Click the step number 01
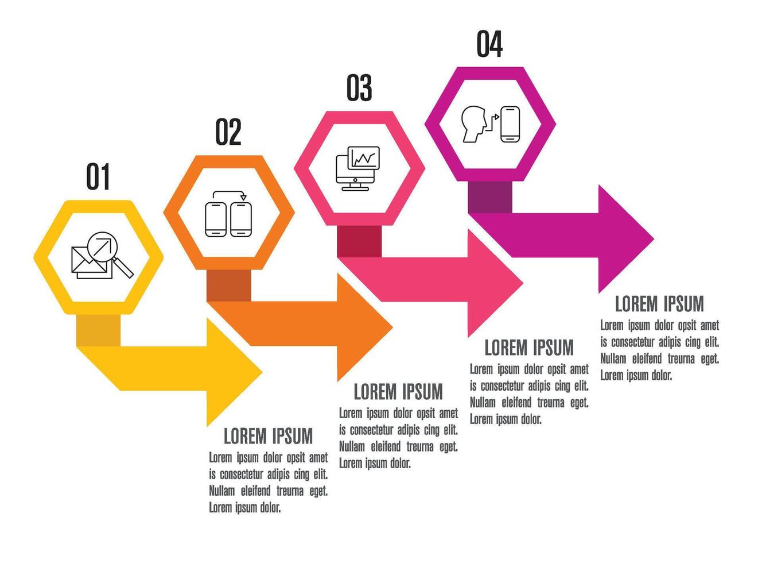98,176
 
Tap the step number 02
228,132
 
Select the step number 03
359,88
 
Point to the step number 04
490,44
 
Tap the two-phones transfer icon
229,214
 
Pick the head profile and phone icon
491,124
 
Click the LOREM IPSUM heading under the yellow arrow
268,436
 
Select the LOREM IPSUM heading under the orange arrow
398,392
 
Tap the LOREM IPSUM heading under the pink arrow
529,348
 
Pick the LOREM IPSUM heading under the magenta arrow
659,303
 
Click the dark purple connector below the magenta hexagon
490,197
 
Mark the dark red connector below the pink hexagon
359,241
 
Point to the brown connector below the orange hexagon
229,286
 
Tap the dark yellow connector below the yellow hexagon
98,330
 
